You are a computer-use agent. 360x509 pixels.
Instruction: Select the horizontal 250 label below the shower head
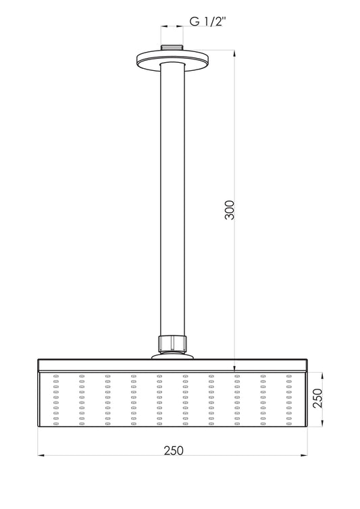click(172, 449)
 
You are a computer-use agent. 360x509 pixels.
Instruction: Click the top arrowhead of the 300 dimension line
click(234, 53)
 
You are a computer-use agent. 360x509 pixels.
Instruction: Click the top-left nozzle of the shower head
click(55, 375)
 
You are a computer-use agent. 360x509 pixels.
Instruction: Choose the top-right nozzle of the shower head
click(288, 375)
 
